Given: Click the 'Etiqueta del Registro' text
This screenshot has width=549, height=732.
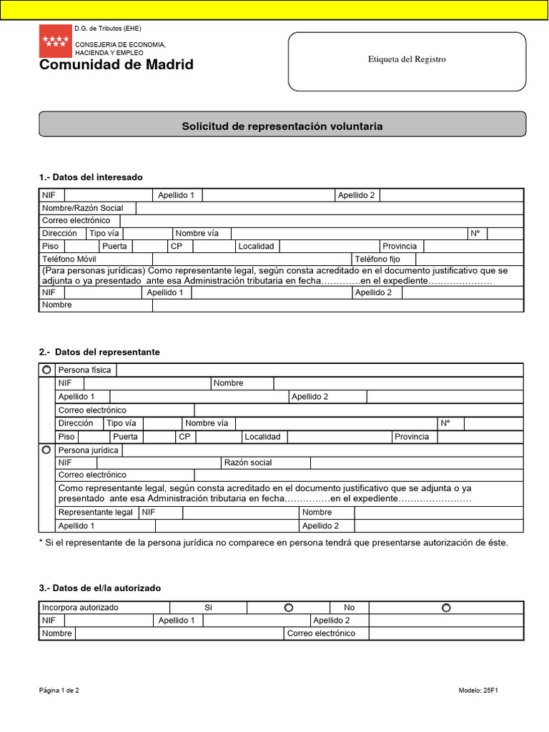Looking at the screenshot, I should coord(406,59).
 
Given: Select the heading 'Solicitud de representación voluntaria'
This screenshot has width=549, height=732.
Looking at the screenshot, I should coord(282,127).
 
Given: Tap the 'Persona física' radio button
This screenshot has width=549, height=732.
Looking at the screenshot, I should coord(46,370).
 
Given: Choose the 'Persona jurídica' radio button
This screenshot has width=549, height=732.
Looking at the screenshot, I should coord(46,450).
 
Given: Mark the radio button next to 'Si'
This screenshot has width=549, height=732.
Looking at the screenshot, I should coord(288,608).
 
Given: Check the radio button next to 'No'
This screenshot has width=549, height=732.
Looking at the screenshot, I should coord(446,608).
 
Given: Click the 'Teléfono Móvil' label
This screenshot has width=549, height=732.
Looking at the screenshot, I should coord(69,259).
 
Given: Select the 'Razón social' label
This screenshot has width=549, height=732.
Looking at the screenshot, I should coord(248,463).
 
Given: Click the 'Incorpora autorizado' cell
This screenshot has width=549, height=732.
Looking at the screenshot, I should coord(81,608).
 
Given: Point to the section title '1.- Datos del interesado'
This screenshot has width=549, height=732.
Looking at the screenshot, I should coord(91,177).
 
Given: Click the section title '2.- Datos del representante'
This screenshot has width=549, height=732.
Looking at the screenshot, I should coord(99,352).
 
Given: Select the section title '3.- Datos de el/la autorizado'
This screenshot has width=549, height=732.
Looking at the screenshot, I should coord(100,588).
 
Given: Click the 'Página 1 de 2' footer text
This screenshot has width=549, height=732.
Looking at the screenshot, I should coord(59,691).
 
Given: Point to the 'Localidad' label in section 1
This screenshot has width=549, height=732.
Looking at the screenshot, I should coord(257,246).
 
